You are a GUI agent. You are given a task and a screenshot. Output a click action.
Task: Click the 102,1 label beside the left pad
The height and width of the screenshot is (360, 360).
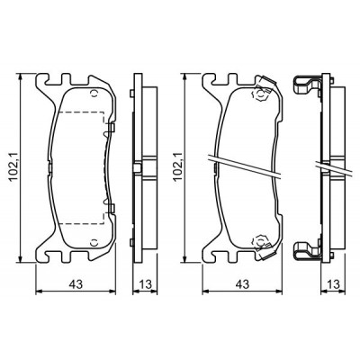(14, 166)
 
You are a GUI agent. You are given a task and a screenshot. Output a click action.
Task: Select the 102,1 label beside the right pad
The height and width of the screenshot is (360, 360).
(177, 166)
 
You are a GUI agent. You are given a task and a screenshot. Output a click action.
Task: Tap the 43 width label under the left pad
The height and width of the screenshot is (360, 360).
(76, 284)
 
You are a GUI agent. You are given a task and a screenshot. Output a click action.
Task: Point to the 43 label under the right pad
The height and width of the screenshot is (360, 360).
(242, 284)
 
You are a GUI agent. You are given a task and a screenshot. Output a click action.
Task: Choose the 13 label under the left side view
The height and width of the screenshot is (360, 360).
(146, 284)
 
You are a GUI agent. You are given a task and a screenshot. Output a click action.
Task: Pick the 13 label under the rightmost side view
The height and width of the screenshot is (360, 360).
(333, 284)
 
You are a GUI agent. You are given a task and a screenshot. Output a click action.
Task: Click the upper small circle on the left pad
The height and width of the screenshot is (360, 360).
(94, 93)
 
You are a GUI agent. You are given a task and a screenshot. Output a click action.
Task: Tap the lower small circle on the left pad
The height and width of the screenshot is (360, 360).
(94, 241)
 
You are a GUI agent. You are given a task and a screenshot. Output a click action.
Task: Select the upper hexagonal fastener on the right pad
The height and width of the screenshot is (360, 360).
(260, 94)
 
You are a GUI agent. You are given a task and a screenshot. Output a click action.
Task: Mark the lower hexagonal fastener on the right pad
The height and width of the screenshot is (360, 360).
(260, 240)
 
